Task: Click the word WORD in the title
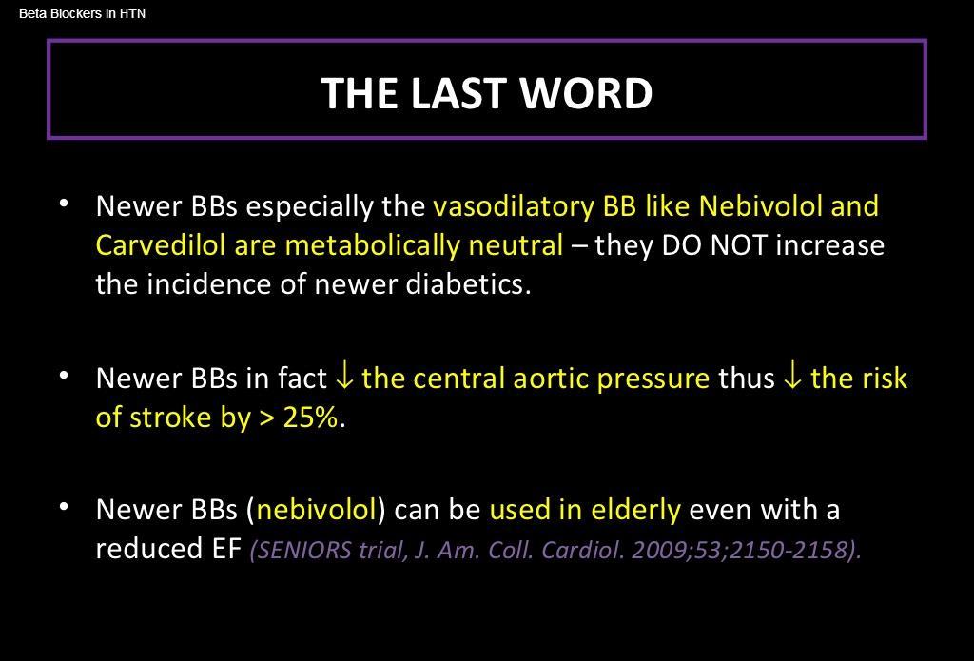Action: tap(586, 93)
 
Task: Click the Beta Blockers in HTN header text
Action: tap(82, 13)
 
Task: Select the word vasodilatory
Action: tap(514, 206)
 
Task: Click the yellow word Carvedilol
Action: tap(160, 244)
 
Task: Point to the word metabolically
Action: tap(372, 244)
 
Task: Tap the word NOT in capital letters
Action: tap(738, 245)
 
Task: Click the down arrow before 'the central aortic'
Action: tap(343, 377)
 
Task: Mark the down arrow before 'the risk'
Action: tap(792, 377)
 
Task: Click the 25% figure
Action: tap(311, 418)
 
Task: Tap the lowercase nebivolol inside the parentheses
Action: tap(317, 510)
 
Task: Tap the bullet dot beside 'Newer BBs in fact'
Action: tap(64, 376)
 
